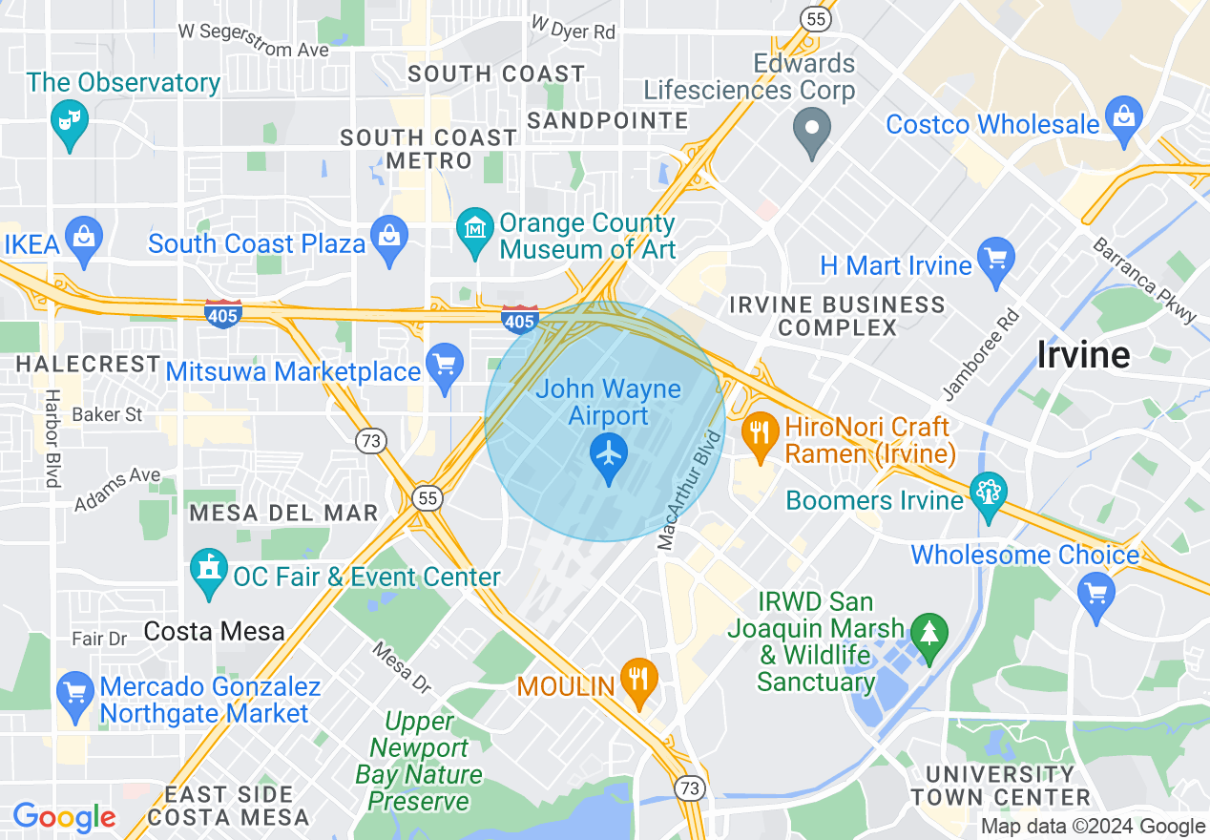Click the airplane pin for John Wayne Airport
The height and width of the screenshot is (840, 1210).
tap(608, 452)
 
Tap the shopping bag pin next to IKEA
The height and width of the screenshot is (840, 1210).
tap(84, 236)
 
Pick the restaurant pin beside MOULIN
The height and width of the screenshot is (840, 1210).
tap(638, 680)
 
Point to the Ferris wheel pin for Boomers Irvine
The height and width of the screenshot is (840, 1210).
tap(988, 493)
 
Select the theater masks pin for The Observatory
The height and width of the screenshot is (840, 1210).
tap(69, 120)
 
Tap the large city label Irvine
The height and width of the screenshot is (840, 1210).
tap(1083, 355)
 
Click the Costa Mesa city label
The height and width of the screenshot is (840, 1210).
tap(214, 631)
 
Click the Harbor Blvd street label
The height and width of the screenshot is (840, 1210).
tap(52, 438)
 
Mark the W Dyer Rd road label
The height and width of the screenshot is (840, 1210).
tap(573, 27)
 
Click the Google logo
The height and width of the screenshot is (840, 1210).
tap(64, 817)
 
